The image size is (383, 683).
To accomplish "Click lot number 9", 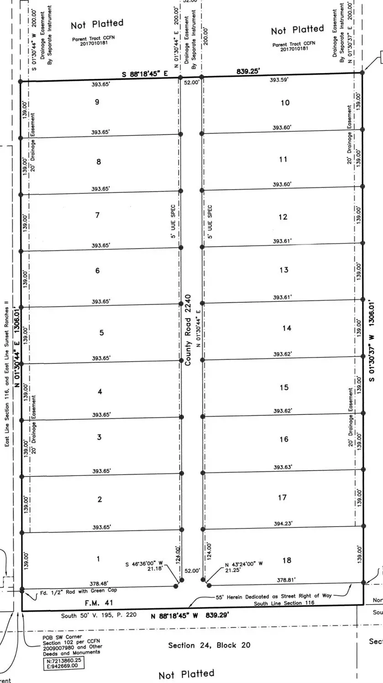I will coord(97,102).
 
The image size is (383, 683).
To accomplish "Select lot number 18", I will coord(287,560).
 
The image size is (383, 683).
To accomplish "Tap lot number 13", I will coord(284,270).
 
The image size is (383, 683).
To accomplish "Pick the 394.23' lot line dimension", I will coord(283,524).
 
